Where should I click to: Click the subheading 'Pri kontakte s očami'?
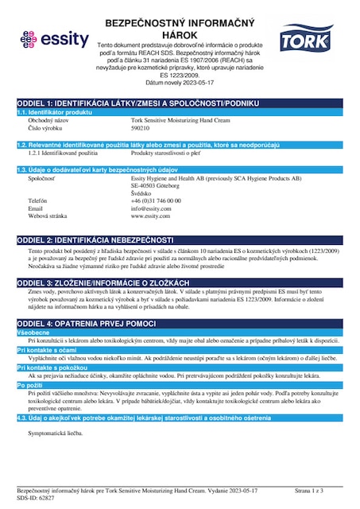point(46,350)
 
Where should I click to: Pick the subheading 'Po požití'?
point(30,384)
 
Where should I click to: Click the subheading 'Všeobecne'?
point(35,333)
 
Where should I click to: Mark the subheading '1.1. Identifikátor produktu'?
point(61,112)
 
